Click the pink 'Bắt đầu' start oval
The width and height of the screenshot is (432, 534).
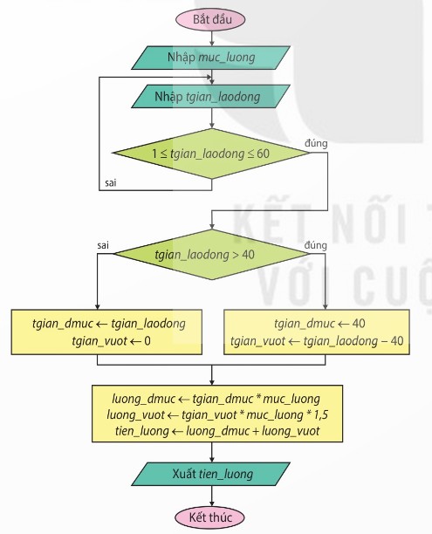(210, 19)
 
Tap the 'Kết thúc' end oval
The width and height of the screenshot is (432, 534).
(209, 517)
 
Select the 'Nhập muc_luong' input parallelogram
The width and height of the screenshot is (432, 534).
(211, 58)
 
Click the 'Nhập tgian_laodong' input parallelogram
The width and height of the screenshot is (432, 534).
(211, 96)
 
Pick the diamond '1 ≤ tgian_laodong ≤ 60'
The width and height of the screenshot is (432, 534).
(211, 154)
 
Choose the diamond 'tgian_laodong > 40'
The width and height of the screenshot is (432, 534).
(211, 255)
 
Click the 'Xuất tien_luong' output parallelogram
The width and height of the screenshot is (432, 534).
(211, 474)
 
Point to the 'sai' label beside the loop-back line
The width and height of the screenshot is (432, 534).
(111, 183)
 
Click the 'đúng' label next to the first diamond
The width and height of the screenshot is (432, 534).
(316, 143)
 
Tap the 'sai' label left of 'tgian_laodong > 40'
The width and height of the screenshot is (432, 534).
(103, 245)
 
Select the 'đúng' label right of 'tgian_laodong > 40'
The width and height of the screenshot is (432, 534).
(316, 245)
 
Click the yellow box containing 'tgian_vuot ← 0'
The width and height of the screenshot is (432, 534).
(106, 332)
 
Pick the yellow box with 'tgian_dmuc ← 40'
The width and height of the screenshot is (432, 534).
(317, 332)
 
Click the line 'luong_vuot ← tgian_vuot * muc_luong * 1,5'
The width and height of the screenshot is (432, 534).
(217, 414)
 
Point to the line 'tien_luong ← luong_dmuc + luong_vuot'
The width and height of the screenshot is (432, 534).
(217, 431)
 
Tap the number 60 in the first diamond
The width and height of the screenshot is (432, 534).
(263, 154)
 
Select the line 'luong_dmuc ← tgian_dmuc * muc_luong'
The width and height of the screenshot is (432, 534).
(216, 399)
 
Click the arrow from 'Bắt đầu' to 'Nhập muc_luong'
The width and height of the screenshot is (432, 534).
(212, 38)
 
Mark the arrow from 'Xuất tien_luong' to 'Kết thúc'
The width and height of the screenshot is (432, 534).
(212, 496)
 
